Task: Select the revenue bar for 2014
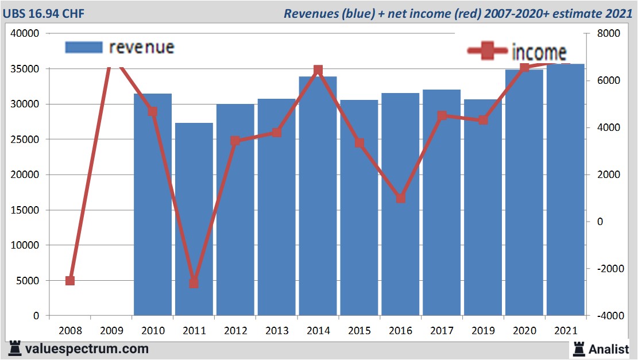pos(318,196)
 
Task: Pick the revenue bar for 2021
pos(565,189)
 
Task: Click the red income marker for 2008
pos(70,281)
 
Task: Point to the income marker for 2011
pos(194,282)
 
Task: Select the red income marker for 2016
pos(401,198)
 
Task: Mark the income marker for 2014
pos(318,71)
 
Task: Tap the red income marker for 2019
pos(483,120)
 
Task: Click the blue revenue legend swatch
pos(84,47)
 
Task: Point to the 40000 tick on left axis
pos(25,34)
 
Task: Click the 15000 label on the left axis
pos(25,210)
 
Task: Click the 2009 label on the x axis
pos(111,331)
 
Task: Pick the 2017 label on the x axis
pos(442,331)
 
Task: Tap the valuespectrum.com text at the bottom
pos(87,349)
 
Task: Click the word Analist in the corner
pos(608,349)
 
